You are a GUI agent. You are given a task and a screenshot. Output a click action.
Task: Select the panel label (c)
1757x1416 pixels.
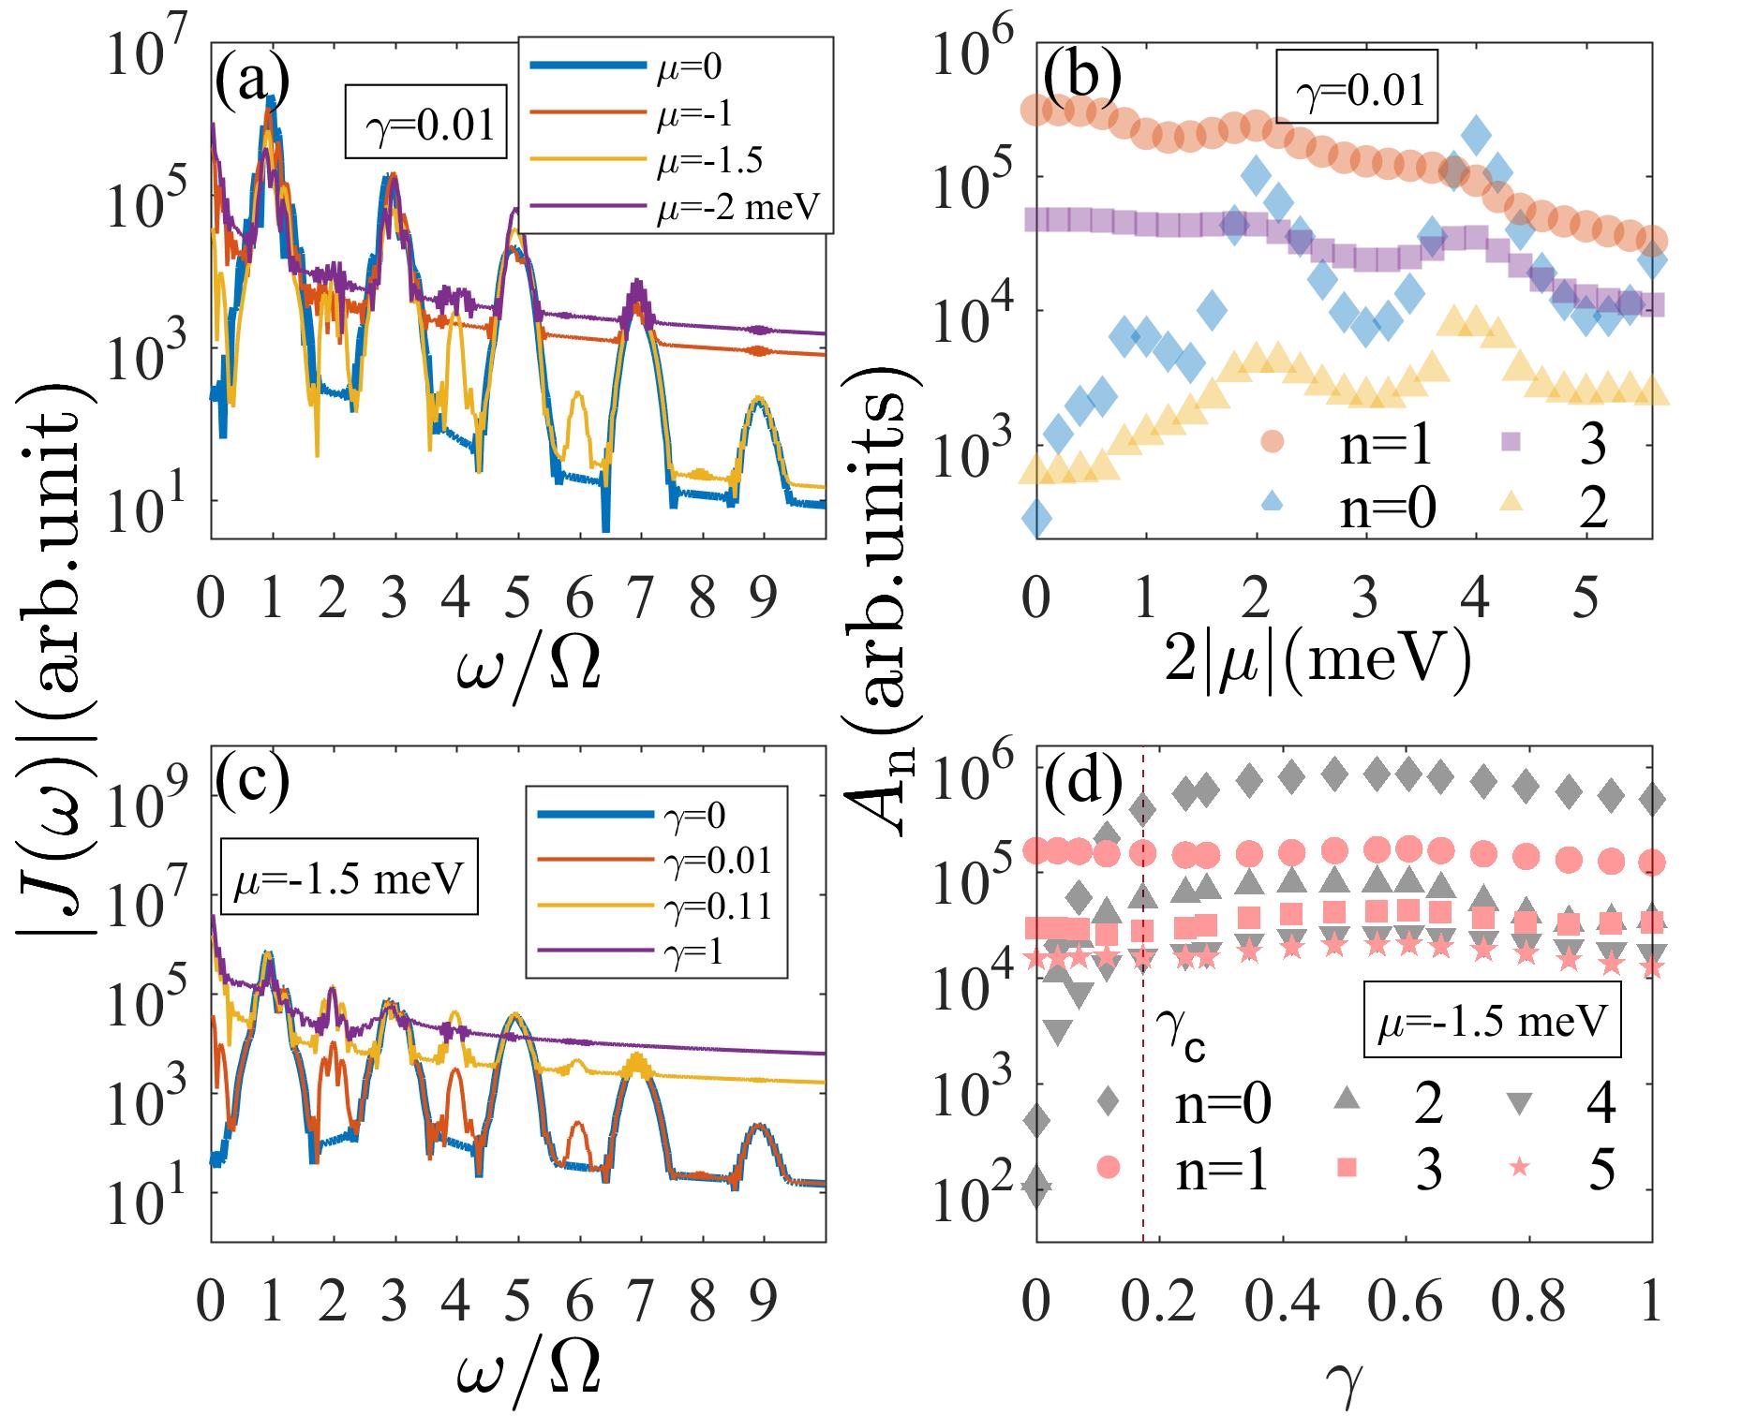pos(251,787)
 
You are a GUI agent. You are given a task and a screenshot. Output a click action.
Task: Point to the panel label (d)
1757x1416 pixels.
pos(1082,787)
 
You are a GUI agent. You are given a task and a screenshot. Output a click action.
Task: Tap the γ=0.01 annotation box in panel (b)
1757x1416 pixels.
pos(1357,92)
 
